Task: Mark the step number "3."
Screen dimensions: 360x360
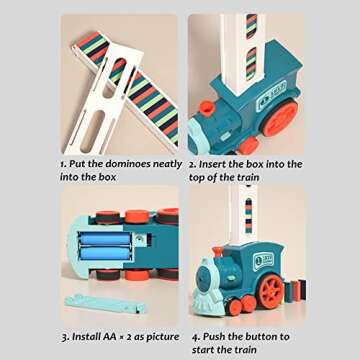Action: [x=65, y=336]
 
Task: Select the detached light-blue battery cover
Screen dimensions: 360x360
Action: [x=100, y=300]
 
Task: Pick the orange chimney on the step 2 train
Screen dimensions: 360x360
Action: [x=206, y=108]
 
